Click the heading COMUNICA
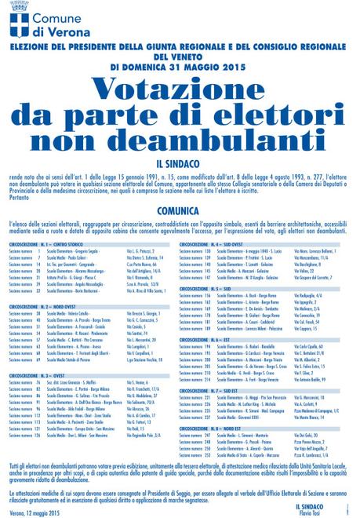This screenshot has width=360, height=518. (x=180, y=210)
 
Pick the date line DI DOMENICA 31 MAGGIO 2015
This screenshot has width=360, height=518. (x=180, y=66)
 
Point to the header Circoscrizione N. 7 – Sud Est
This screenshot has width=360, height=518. (x=216, y=389)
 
